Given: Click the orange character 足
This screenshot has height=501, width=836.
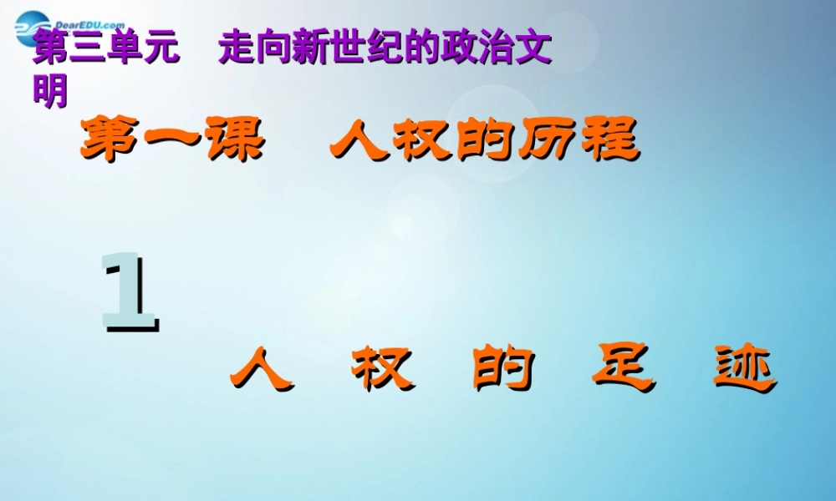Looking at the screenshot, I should pyautogui.click(x=621, y=370).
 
